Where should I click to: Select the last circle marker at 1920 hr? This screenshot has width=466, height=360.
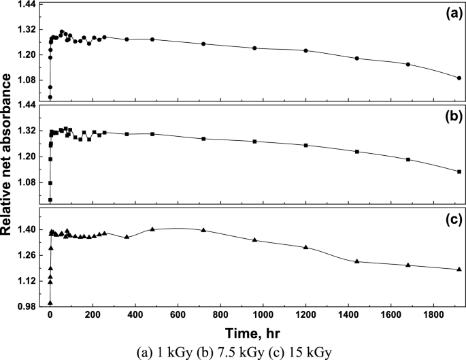click(459, 78)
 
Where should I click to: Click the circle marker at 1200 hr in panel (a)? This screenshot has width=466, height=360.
click(305, 50)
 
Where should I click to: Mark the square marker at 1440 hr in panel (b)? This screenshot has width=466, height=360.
click(357, 151)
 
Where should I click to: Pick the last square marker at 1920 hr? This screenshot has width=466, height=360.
click(459, 171)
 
